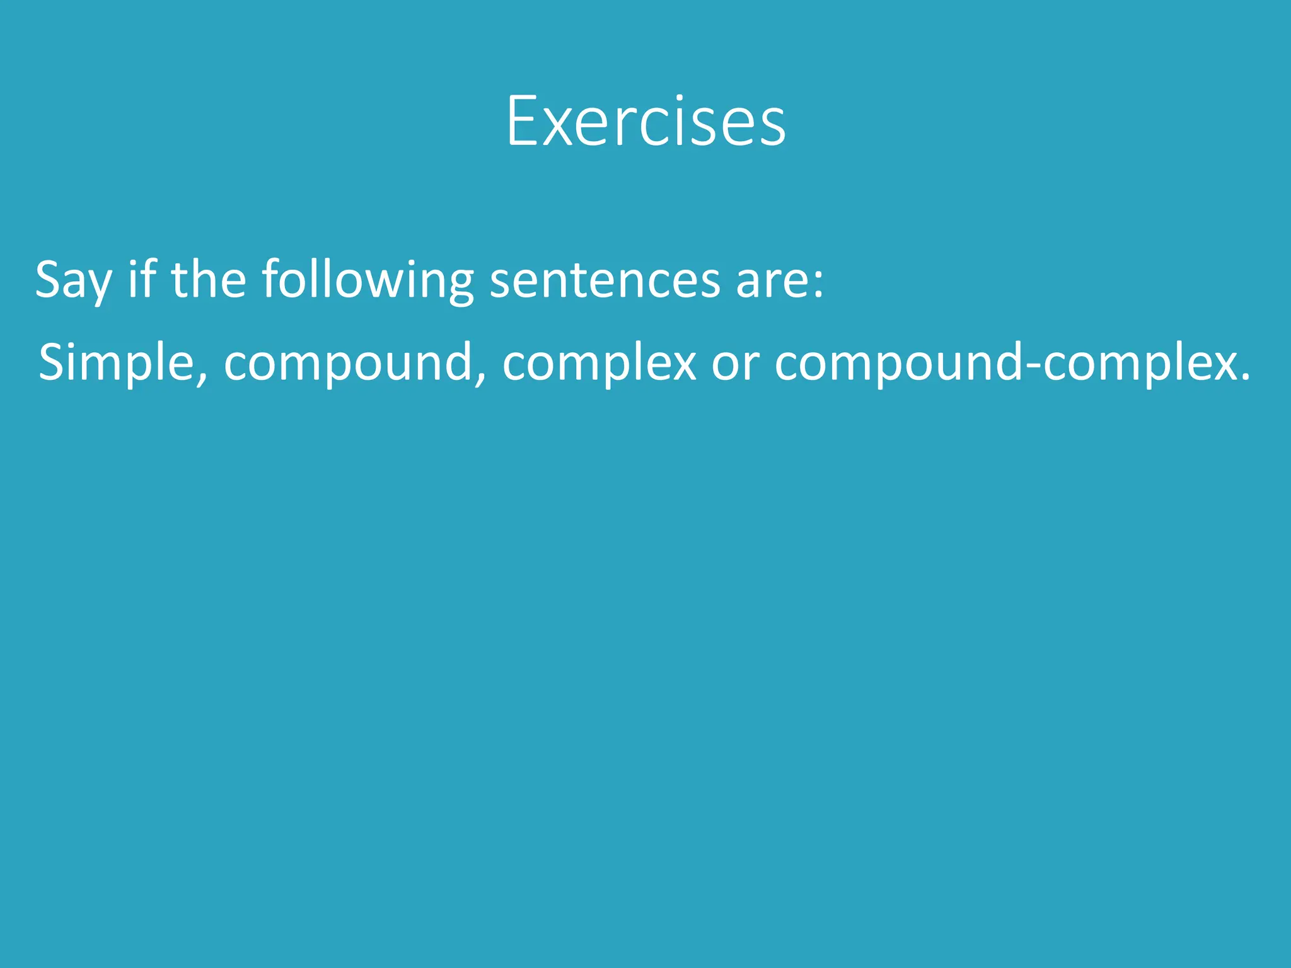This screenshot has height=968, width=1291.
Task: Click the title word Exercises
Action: [645, 121]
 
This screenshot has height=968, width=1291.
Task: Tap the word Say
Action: [73, 280]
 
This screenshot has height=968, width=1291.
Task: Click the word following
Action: [368, 280]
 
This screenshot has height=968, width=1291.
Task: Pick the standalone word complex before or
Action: [599, 364]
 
